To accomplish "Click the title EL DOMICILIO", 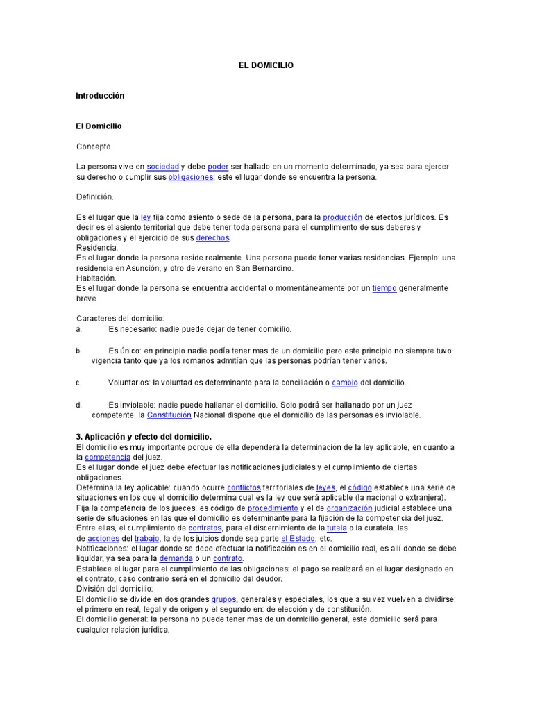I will (266, 65).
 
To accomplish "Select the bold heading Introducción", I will (100, 95).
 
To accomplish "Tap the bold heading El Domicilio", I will (99, 126).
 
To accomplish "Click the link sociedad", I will (162, 167).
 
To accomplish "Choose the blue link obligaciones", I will (190, 177).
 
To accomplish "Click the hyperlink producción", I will (342, 217).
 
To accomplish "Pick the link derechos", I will (212, 238).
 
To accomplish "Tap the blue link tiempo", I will (384, 288).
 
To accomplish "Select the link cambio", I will (345, 383).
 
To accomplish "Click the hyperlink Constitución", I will (169, 415).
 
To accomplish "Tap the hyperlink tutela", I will (337, 528).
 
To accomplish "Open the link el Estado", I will (298, 539).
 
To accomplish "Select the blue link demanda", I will (176, 558).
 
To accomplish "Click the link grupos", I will (224, 599).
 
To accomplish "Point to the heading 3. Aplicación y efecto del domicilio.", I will (144, 437).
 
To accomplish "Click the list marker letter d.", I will (79, 405).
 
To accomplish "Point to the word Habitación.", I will (96, 278).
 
